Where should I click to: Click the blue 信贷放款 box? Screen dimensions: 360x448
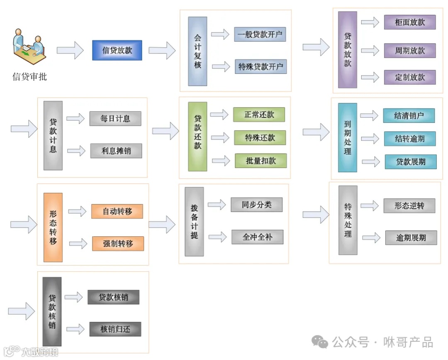117,50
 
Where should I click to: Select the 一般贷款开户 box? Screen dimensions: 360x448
260,34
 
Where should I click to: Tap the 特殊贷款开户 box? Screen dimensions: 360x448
261,66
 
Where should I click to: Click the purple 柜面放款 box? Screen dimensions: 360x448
410,22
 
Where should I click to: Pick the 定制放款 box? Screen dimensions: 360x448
410,77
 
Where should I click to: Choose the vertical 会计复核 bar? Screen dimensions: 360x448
197,51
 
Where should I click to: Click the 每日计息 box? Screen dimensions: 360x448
115,119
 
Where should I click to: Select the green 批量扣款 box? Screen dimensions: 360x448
261,161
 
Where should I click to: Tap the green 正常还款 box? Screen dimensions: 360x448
259,115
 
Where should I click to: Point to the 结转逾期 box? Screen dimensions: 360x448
410,139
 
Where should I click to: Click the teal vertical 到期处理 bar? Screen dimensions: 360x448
348,138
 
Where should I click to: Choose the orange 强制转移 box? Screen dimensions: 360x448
118,243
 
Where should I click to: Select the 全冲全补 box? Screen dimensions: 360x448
258,237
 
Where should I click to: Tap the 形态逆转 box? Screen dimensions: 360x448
409,206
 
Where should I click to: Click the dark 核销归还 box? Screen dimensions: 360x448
115,329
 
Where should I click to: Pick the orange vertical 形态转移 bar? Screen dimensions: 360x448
53,227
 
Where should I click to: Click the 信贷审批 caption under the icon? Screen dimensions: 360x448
29,76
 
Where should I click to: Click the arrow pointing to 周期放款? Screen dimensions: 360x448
370,51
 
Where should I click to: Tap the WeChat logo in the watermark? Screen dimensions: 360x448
320,343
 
